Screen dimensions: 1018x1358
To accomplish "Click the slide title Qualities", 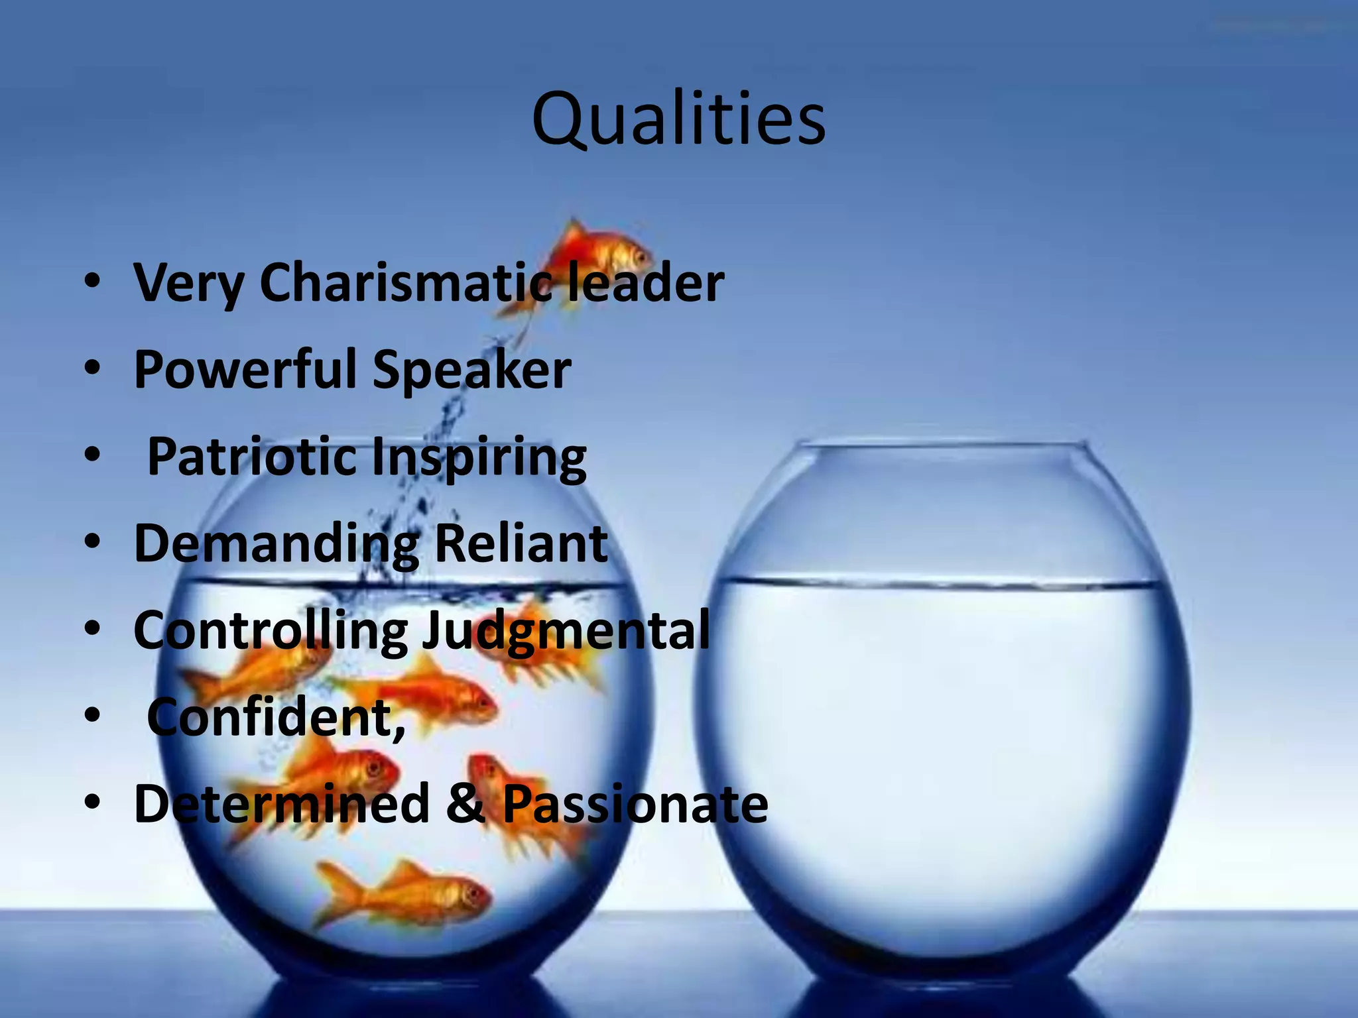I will click(678, 120).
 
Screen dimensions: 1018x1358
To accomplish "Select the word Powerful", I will click(245, 369).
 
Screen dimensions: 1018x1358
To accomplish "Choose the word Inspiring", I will click(479, 458).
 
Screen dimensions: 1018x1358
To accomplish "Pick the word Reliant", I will click(521, 543).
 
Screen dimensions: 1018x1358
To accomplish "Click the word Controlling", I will click(271, 631).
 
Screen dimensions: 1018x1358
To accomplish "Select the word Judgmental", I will click(566, 631).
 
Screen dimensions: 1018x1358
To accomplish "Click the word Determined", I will click(282, 803).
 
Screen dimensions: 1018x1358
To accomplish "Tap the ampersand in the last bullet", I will click(465, 804).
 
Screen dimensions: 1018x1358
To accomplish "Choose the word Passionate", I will click(635, 804).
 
